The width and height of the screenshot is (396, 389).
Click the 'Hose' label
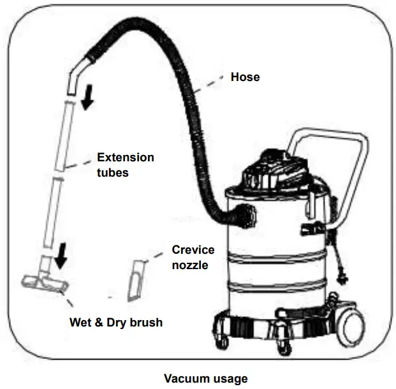[245, 77]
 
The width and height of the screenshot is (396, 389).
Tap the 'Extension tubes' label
[125, 165]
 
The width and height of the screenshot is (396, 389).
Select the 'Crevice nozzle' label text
[193, 256]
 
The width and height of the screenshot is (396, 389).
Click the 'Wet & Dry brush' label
[115, 322]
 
